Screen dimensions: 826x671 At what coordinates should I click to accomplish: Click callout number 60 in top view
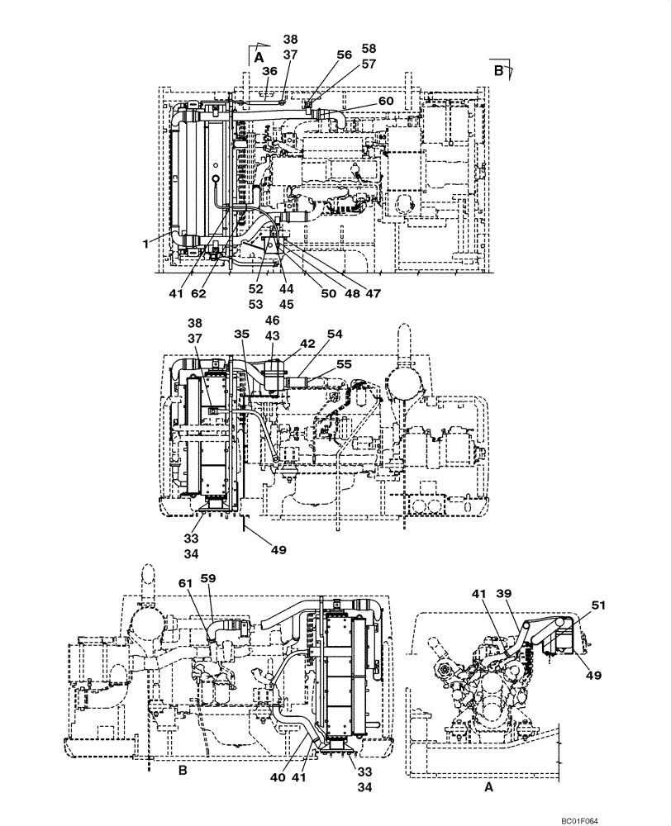click(386, 101)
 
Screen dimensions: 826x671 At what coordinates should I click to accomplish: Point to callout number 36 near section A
click(269, 72)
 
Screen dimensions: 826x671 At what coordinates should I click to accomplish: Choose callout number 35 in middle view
click(241, 335)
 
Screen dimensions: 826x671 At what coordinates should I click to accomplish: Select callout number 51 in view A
click(597, 605)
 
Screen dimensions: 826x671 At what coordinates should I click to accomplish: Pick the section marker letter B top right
click(498, 71)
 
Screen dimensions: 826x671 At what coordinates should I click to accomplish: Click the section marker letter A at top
click(259, 58)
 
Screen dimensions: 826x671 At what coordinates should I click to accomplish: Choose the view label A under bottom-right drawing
click(488, 788)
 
